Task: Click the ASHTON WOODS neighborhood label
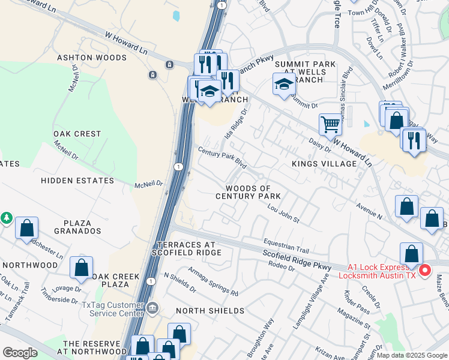coord(92,58)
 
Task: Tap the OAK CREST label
coord(77,134)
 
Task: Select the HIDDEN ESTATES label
coord(77,181)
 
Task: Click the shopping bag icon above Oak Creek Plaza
coord(81,268)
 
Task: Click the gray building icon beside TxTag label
coord(152,309)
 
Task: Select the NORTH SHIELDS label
coord(209,311)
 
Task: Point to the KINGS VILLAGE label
coord(324,164)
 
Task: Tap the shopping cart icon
coord(330,125)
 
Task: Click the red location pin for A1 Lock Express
coord(425,271)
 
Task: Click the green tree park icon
coord(6,217)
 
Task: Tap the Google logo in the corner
coord(20,353)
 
